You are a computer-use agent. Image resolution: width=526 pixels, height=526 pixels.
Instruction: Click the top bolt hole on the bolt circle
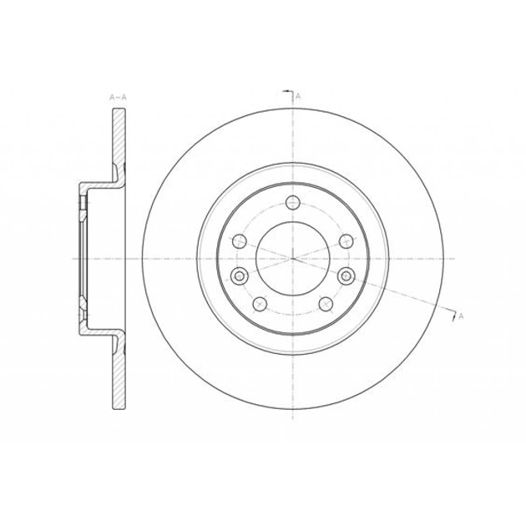point(293,202)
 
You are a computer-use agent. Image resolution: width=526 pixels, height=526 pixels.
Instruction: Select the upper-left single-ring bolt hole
point(240,240)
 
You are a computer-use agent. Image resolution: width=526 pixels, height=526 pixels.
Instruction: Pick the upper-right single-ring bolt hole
point(346,240)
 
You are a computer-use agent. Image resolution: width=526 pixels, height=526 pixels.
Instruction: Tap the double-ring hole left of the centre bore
point(239,276)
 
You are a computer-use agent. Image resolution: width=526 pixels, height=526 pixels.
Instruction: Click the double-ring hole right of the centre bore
point(346,276)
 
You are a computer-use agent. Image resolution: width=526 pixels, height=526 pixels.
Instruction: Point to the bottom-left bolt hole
point(260,304)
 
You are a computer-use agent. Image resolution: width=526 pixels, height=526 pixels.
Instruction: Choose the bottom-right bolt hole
point(326,304)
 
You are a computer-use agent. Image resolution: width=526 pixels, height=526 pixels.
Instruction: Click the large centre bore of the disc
point(293,258)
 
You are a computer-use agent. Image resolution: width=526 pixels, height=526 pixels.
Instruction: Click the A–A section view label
point(118,98)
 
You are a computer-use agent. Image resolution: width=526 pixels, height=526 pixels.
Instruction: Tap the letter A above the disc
point(298,97)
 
